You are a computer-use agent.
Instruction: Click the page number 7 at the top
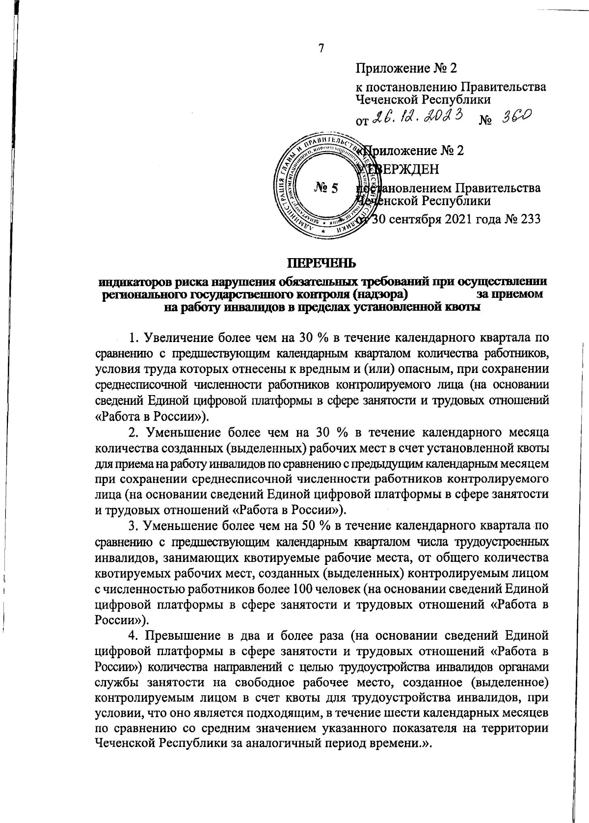pyautogui.click(x=321, y=49)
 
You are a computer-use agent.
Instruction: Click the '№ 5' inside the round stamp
pyautogui.click(x=325, y=187)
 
